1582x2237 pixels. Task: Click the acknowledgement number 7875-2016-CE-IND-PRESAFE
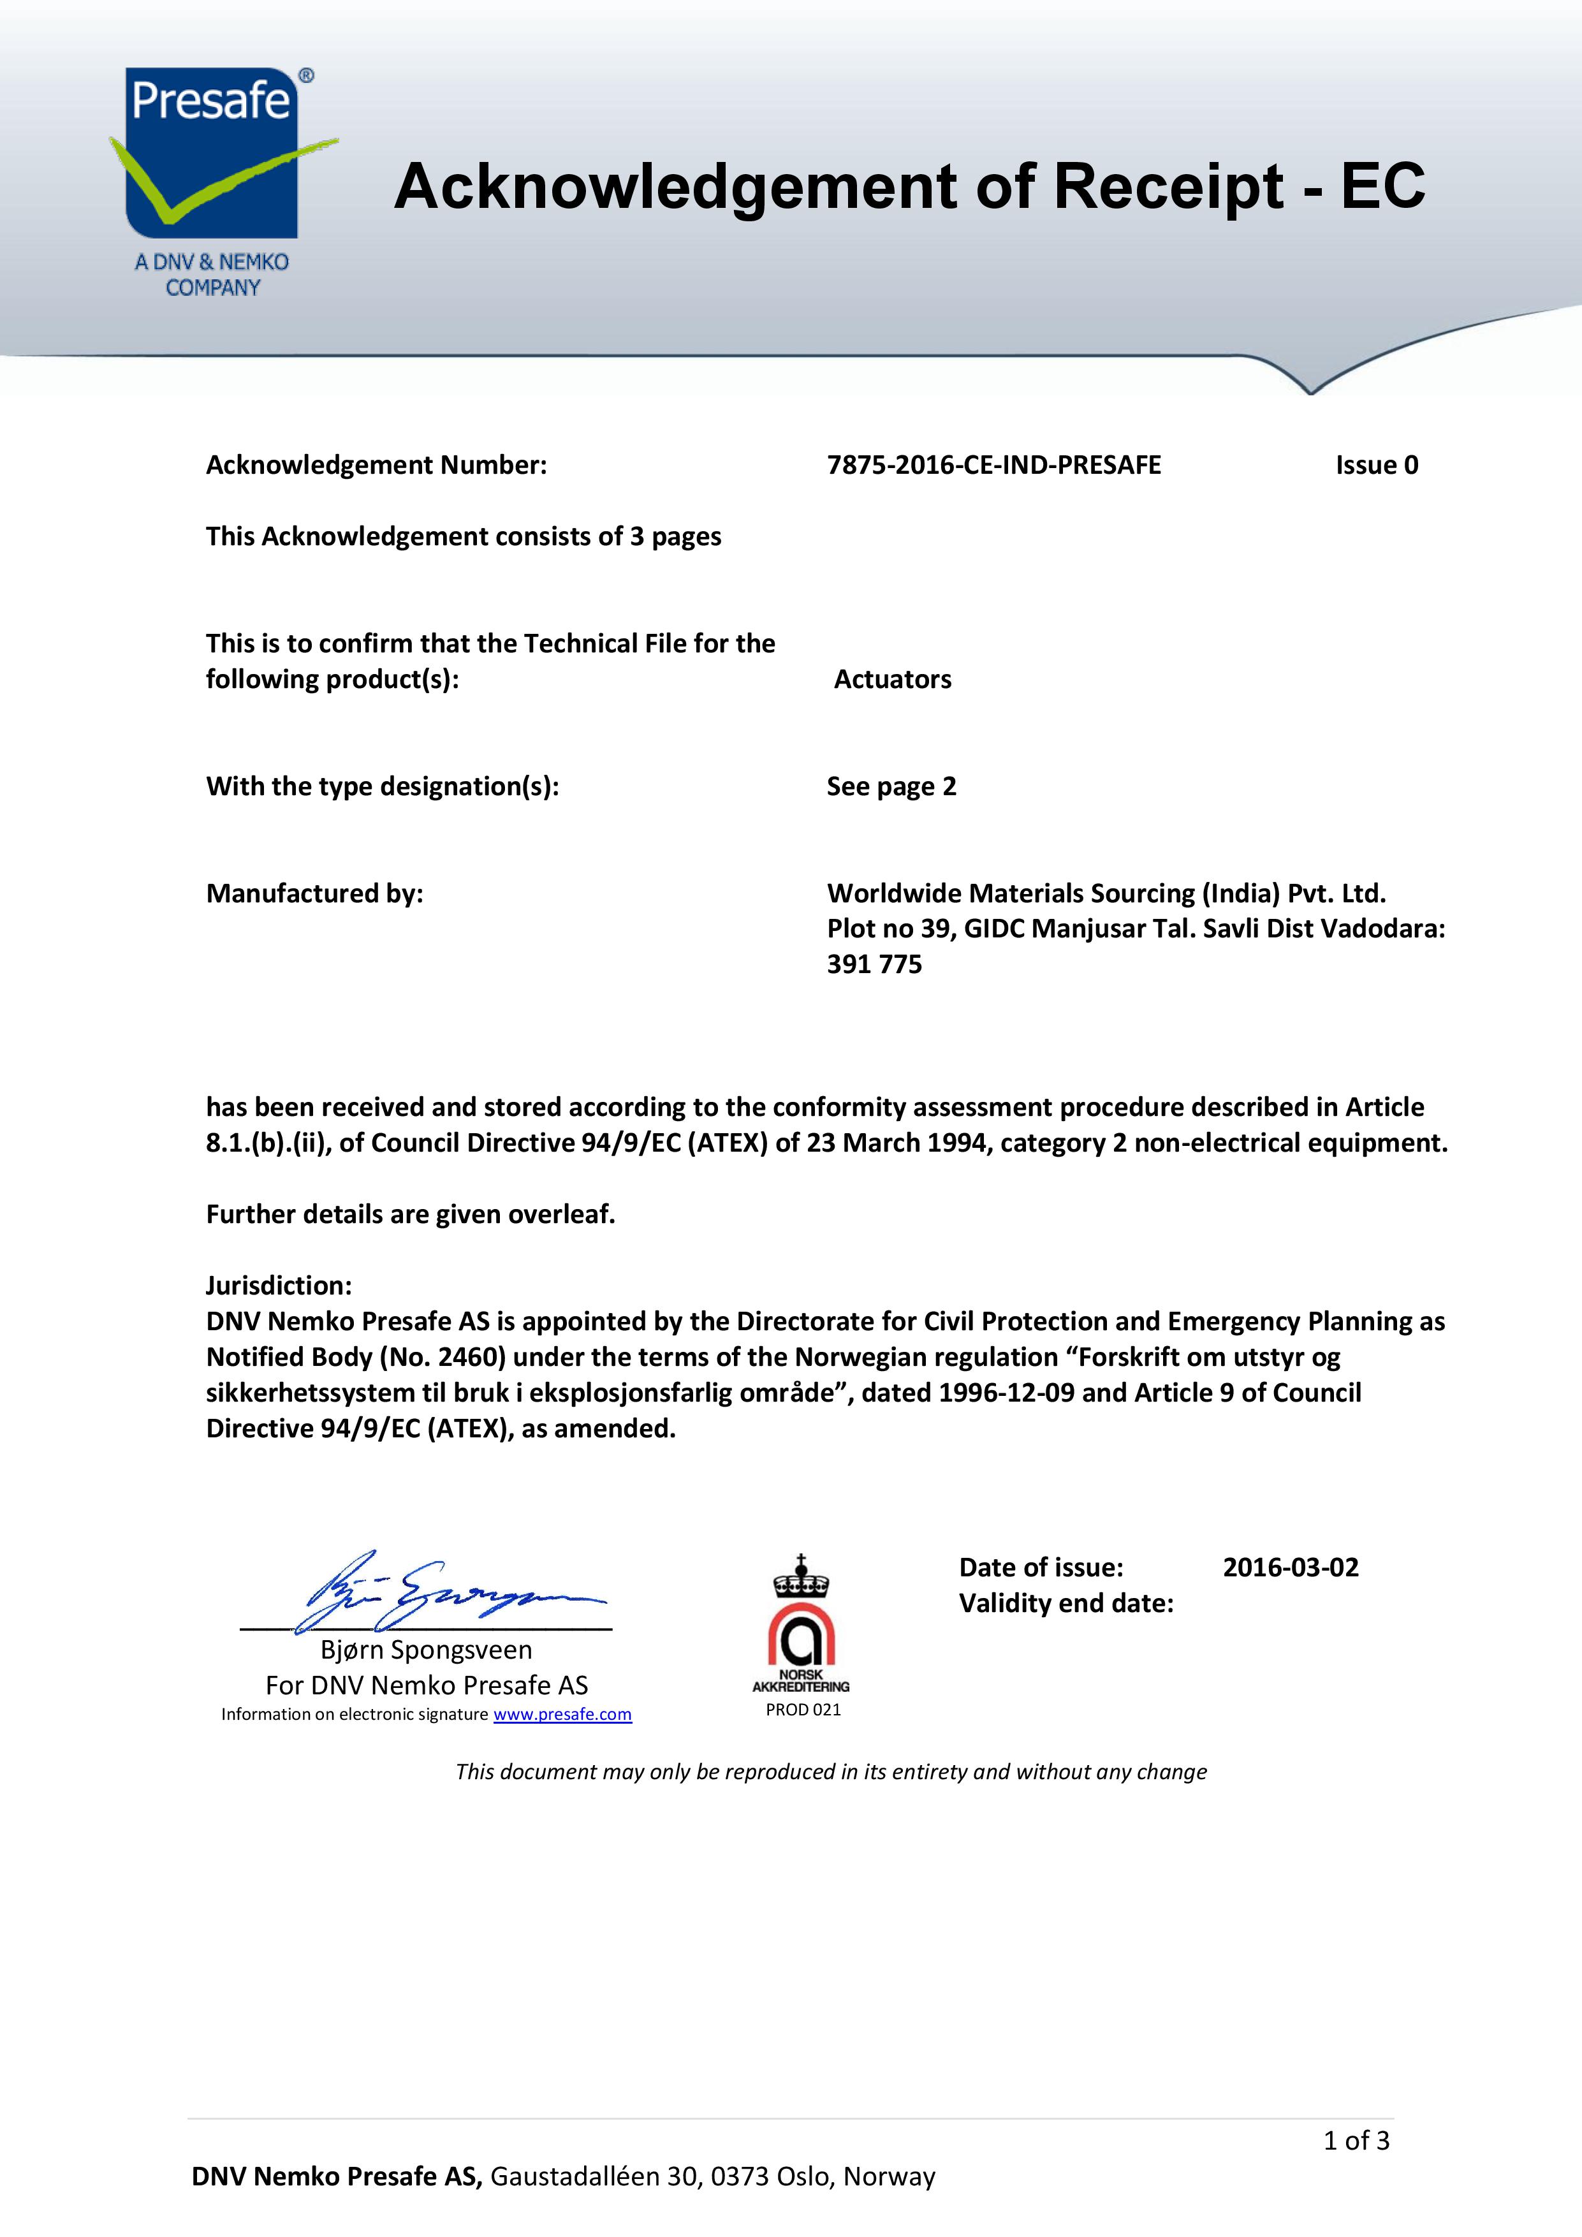[x=993, y=466]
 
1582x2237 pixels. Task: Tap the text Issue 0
[x=1377, y=466]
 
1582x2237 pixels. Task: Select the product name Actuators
[x=892, y=679]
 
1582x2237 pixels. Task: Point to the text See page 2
[x=891, y=786]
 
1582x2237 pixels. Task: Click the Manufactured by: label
[x=314, y=893]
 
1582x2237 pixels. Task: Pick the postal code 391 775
[x=874, y=965]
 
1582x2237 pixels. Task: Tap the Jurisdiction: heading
[x=279, y=1285]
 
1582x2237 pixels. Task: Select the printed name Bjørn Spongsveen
[x=427, y=1650]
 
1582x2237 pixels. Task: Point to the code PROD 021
[x=803, y=1710]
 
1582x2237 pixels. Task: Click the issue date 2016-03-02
[x=1290, y=1567]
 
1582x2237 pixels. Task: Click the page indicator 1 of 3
[x=1356, y=2141]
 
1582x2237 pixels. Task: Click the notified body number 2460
[x=473, y=1357]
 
